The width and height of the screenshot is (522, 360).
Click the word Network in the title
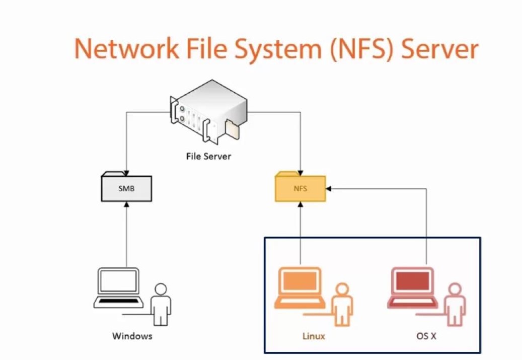click(x=126, y=49)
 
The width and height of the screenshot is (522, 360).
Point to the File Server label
click(x=208, y=156)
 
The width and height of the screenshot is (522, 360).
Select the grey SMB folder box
click(x=126, y=188)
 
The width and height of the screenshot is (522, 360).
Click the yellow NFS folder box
click(x=301, y=188)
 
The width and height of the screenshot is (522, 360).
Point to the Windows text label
click(x=132, y=336)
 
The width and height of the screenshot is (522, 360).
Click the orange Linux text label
click(x=314, y=336)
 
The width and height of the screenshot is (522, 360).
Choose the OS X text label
click(x=426, y=336)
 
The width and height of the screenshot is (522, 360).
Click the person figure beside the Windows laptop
click(x=161, y=304)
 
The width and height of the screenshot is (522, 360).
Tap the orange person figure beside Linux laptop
click(x=342, y=304)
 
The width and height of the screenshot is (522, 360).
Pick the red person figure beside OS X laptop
click(x=455, y=304)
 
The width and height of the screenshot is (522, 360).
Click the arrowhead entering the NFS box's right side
click(x=329, y=189)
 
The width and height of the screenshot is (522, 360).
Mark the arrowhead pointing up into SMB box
click(x=126, y=204)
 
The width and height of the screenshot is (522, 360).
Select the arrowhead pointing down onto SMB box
click(x=126, y=172)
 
